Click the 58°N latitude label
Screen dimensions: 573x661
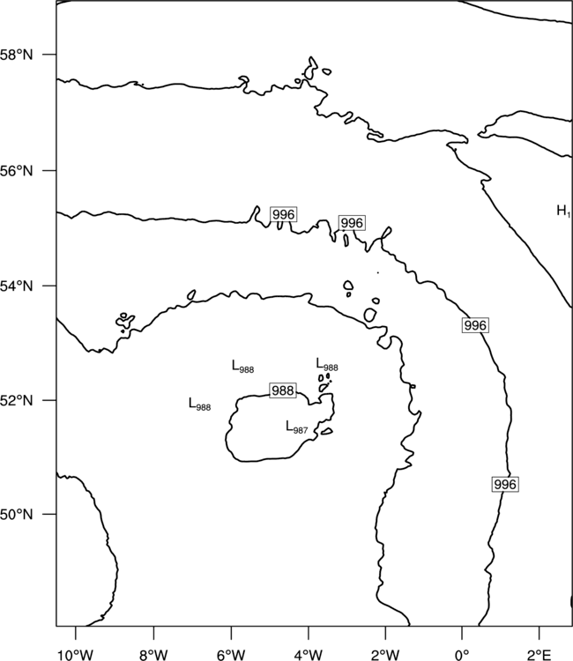tap(16, 55)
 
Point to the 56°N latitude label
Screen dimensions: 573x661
tap(16, 171)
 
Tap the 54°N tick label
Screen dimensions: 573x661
tap(16, 286)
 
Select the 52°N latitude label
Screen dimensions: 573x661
tap(16, 400)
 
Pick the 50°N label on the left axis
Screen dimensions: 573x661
tap(16, 515)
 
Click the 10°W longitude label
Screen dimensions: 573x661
tap(75, 655)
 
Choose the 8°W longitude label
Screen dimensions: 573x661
tap(153, 655)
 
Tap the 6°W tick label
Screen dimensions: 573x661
tap(231, 655)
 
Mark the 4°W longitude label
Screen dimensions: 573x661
tap(309, 655)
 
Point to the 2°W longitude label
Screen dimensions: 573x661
tap(385, 655)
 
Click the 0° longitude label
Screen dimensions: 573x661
tap(462, 655)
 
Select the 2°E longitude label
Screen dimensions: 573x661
tap(540, 655)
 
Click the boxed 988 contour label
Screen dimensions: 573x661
tap(283, 390)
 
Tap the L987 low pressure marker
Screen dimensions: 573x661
tap(297, 427)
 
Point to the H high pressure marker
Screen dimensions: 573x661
tap(563, 211)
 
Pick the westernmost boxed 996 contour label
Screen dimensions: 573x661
tap(283, 214)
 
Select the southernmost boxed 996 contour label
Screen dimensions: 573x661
tap(505, 485)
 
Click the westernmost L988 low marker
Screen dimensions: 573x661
tap(199, 405)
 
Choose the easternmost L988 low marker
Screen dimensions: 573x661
tap(327, 365)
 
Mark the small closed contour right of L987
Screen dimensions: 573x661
tap(327, 431)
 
